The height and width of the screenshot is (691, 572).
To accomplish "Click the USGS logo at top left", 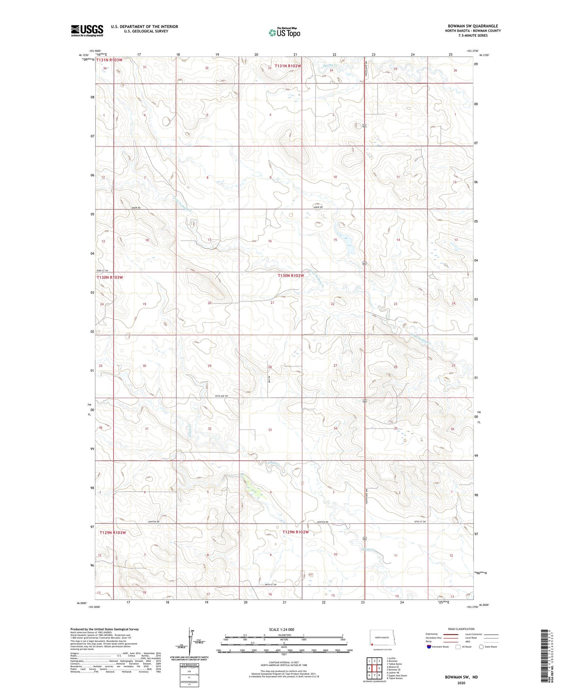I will click(x=87, y=30).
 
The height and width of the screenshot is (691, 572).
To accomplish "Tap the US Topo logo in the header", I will click(x=284, y=32).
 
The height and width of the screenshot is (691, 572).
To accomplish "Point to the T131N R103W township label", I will click(x=109, y=60).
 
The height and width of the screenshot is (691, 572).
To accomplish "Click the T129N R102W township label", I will click(x=295, y=532).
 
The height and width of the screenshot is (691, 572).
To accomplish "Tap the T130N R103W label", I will click(x=110, y=277).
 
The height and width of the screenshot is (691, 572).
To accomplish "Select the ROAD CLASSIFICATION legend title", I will click(x=461, y=629).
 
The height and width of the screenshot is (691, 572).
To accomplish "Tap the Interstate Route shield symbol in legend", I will click(x=429, y=647).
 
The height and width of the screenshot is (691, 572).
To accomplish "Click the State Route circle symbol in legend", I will click(x=481, y=647).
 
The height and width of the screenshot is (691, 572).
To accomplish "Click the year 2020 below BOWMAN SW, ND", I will click(x=461, y=683).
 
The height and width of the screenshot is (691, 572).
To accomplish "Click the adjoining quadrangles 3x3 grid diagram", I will click(x=374, y=666).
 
